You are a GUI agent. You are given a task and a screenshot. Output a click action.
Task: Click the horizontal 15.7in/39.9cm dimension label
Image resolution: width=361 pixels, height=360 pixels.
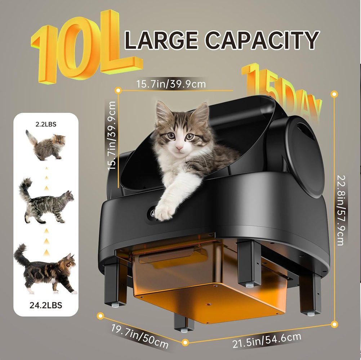171,84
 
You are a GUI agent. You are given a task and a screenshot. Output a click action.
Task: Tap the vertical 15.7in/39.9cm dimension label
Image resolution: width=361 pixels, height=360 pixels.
112,136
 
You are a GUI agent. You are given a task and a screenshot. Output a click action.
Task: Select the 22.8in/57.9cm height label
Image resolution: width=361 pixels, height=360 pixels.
341,210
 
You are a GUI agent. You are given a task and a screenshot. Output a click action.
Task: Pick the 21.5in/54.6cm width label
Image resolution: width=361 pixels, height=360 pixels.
267,341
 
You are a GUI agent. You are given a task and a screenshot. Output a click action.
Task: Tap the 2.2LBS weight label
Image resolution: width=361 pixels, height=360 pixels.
46,125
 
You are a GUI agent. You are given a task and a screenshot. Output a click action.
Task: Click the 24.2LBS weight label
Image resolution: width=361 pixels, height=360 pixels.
46,305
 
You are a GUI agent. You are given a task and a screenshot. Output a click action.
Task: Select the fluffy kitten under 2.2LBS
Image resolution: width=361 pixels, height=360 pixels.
46,145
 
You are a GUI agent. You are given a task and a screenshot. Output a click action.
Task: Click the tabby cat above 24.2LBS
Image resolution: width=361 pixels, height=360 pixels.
45,269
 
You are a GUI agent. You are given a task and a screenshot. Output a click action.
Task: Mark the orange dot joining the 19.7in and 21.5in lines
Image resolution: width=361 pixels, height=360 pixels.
185,342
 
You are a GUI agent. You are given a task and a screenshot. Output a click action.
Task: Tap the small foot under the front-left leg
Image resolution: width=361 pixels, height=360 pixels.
115,305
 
